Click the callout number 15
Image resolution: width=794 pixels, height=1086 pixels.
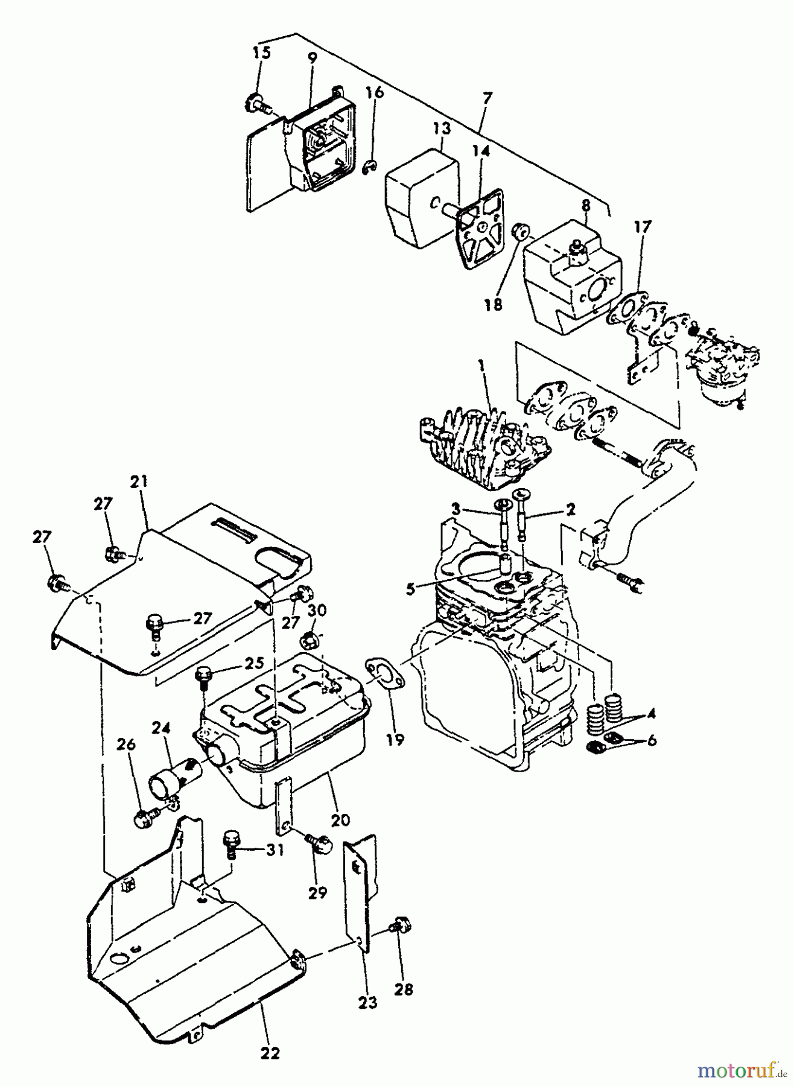[x=262, y=52]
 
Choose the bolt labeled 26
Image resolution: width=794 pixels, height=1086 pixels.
[x=144, y=819]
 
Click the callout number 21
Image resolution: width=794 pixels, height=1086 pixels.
[x=138, y=482]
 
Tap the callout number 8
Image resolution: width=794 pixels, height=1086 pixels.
[x=585, y=205]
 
